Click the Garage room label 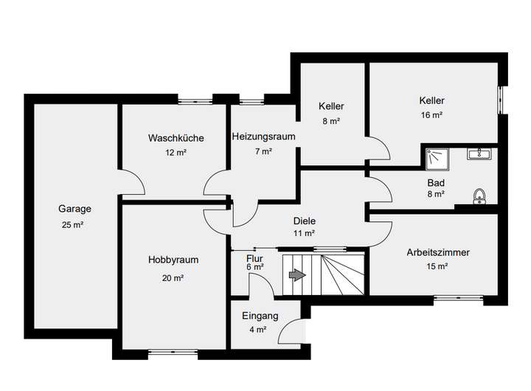pyautogui.click(x=74, y=208)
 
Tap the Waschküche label pyautogui.click(x=176, y=138)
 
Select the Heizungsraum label pyautogui.click(x=263, y=136)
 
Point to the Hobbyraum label pyautogui.click(x=173, y=260)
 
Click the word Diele pyautogui.click(x=304, y=220)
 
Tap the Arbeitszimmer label pyautogui.click(x=438, y=252)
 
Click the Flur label pyautogui.click(x=254, y=258)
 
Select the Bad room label pyautogui.click(x=435, y=182)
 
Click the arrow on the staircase pyautogui.click(x=297, y=275)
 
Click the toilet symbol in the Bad pyautogui.click(x=480, y=195)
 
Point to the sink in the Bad pyautogui.click(x=481, y=154)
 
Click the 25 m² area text pyautogui.click(x=74, y=224)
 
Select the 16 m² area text pyautogui.click(x=431, y=115)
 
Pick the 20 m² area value pyautogui.click(x=173, y=278)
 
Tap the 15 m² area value pyautogui.click(x=438, y=267)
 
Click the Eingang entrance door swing pyautogui.click(x=294, y=330)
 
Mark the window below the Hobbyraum pyautogui.click(x=173, y=353)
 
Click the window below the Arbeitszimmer pyautogui.click(x=458, y=299)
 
